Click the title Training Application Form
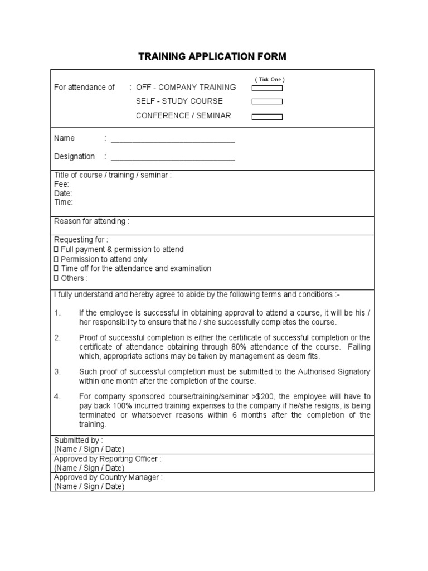click(212, 56)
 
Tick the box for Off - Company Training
click(267, 88)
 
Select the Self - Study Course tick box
click(267, 101)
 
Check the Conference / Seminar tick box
click(267, 117)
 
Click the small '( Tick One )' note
click(270, 80)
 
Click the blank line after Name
click(172, 139)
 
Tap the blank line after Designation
click(172, 158)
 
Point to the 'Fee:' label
click(61, 184)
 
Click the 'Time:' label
click(63, 202)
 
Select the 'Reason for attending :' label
click(91, 221)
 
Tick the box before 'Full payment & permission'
click(56, 250)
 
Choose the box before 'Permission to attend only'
click(56, 259)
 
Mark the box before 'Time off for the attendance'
click(56, 269)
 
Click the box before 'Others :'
click(56, 278)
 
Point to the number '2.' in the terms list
click(57, 338)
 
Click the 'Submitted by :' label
click(78, 440)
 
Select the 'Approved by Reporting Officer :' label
click(108, 459)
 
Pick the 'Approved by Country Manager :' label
click(108, 477)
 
